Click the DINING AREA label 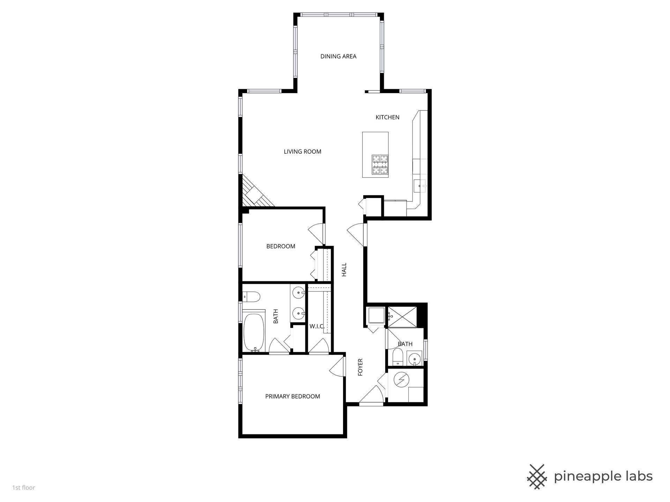point(338,56)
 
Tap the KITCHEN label point(387,117)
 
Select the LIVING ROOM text point(302,152)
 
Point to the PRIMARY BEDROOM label point(292,396)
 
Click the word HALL point(344,270)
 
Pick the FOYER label point(360,367)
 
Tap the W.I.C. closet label point(317,327)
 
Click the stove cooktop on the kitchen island point(380,165)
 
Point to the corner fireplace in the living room point(256,192)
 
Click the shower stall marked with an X point(402,317)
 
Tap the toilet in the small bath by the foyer point(398,357)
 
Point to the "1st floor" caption point(24,488)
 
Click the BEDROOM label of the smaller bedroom point(281,246)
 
